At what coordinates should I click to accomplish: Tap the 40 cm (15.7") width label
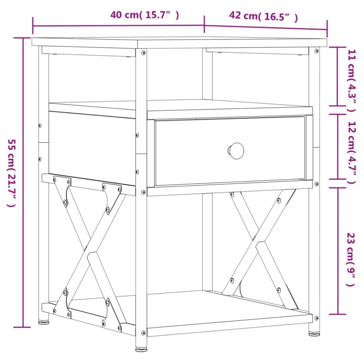145,15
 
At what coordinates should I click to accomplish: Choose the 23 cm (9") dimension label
351,259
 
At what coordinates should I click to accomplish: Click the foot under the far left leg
43,319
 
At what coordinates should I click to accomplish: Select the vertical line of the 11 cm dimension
338,76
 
